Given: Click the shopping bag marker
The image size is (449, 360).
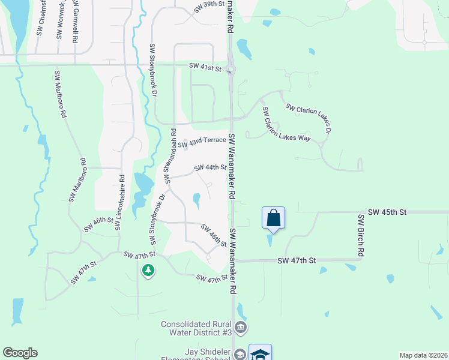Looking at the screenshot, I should tap(273, 217).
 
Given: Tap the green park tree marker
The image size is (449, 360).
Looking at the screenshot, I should tap(148, 271).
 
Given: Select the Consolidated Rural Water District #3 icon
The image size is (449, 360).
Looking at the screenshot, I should tap(240, 327).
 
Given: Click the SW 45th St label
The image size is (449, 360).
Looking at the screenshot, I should tap(387, 212).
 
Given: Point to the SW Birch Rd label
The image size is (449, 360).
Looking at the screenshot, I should tap(361, 236).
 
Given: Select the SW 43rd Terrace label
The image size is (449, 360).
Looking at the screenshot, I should tap(202, 141).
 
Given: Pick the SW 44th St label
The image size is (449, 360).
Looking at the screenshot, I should tap(210, 168).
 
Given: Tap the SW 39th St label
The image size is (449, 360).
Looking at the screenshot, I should tap(209, 7).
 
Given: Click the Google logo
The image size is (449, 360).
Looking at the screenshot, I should tap(20, 353).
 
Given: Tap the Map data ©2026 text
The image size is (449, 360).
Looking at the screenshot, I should tap(423, 355).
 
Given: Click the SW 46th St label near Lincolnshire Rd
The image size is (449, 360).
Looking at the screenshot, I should tap(99, 224).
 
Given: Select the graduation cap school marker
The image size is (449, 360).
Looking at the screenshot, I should tap(260, 354).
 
